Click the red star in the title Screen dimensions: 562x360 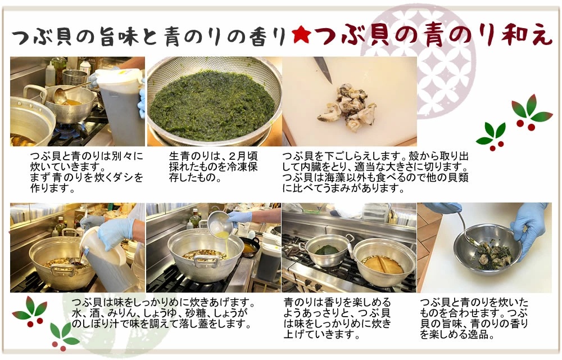(x=301, y=35)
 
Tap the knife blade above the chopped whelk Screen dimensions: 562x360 (x=323, y=69)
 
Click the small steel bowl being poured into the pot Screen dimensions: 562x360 (x=219, y=223)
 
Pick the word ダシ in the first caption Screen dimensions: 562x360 (x=123, y=178)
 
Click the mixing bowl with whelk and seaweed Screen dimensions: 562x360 (x=487, y=249)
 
